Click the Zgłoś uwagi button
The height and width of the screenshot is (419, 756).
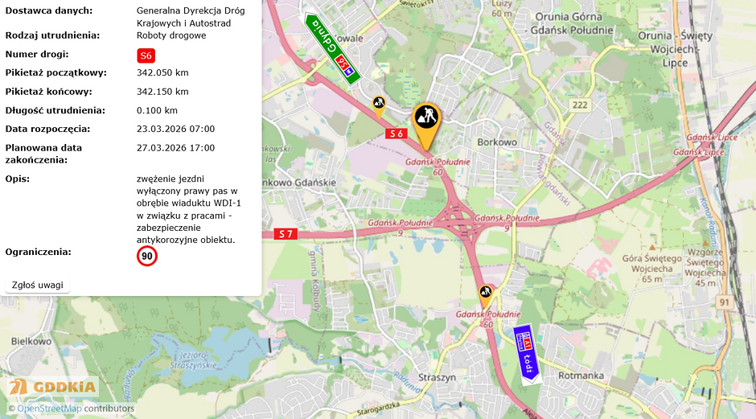37,285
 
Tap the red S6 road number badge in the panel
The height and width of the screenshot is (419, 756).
146,55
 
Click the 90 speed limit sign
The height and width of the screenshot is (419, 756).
147,257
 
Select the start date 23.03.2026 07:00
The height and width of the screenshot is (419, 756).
175,129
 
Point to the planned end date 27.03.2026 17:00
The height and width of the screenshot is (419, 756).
175,148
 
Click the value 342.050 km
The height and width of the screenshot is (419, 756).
162,72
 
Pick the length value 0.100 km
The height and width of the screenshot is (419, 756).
157,110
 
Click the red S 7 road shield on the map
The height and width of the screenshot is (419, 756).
286,234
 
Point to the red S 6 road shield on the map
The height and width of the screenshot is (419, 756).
396,134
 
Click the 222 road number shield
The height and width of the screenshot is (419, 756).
579,105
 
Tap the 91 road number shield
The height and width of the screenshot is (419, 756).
725,302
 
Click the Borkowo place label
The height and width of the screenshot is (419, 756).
496,142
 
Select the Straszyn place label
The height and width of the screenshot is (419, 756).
437,376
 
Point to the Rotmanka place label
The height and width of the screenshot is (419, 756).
580,375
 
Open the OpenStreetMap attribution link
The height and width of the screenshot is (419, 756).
49,409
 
